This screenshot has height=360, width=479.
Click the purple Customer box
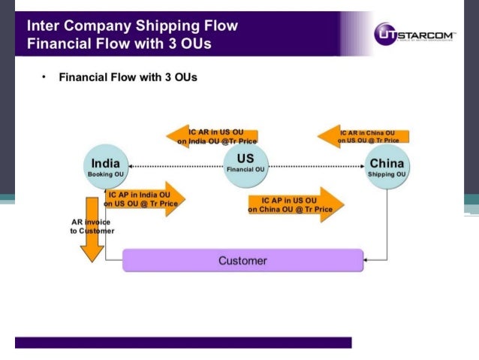pyautogui.click(x=243, y=261)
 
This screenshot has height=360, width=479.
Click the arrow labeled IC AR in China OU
pyautogui.click(x=363, y=136)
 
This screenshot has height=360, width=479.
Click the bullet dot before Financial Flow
pyautogui.click(x=44, y=77)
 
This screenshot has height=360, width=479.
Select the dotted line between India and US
pyautogui.click(x=176, y=165)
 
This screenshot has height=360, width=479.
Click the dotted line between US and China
pyautogui.click(x=316, y=165)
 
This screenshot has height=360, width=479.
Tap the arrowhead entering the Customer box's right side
pyautogui.click(x=366, y=260)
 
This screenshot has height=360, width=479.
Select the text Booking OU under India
pyautogui.click(x=106, y=174)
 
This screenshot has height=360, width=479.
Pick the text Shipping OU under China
pyautogui.click(x=387, y=174)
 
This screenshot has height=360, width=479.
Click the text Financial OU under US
pyautogui.click(x=245, y=170)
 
